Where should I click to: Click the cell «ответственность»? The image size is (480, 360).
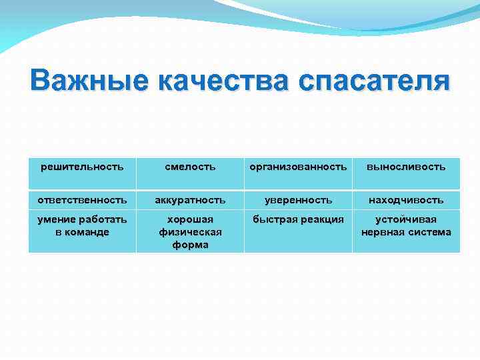click(x=82, y=199)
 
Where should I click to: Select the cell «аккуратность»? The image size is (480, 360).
click(x=190, y=199)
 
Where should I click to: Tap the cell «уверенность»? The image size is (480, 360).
click(x=298, y=199)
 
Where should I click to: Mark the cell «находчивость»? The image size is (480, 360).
click(x=406, y=199)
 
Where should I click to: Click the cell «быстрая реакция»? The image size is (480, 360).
click(x=298, y=219)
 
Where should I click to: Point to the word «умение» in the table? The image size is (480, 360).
click(x=57, y=219)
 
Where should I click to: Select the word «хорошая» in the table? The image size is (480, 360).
click(x=190, y=219)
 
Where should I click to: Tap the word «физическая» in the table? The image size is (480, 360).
click(x=190, y=232)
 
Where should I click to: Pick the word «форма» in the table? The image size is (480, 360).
click(x=190, y=245)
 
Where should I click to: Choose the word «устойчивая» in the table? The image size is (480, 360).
click(x=406, y=219)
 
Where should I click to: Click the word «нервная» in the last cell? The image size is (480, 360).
click(x=385, y=232)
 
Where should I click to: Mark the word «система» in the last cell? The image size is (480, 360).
click(x=430, y=232)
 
